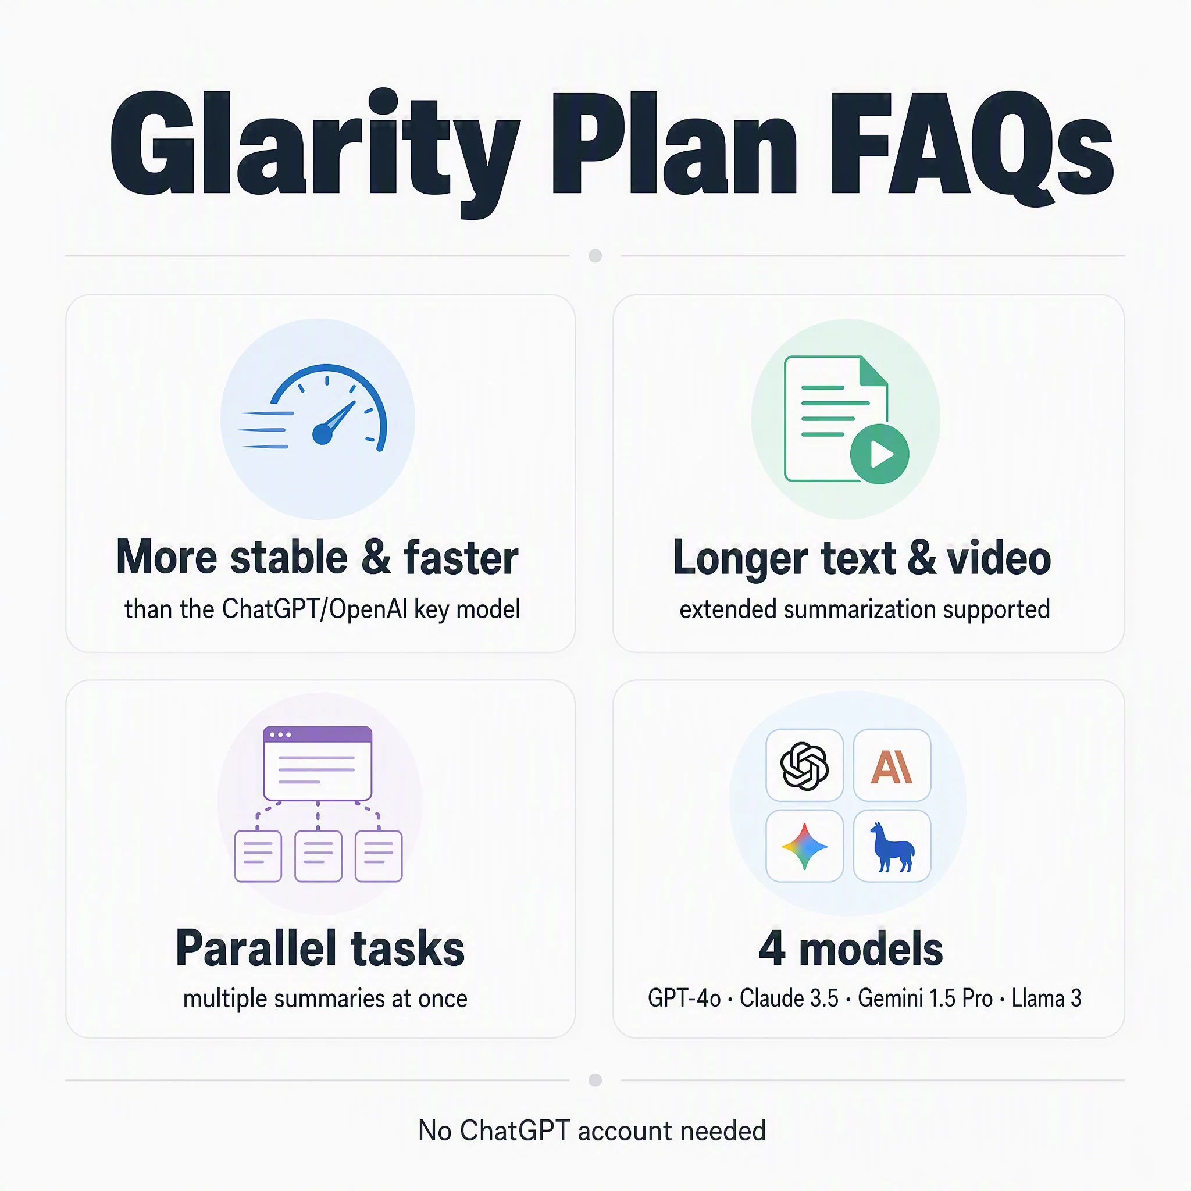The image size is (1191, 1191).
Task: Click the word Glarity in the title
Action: [315, 153]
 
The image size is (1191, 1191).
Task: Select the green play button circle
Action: [879, 454]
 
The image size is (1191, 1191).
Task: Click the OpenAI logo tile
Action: [804, 766]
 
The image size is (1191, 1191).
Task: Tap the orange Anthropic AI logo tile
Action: [892, 766]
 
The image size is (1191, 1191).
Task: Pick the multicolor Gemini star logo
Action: [804, 846]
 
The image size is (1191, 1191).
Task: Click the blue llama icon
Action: [892, 846]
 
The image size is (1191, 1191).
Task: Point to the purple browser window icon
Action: [318, 763]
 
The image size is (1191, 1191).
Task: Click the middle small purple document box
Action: [318, 855]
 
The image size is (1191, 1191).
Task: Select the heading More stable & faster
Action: [318, 557]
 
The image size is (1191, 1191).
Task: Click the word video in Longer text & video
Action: [999, 557]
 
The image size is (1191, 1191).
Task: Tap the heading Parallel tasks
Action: [320, 948]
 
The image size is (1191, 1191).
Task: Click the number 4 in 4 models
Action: [772, 948]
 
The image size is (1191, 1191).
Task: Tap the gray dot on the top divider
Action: [595, 255]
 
